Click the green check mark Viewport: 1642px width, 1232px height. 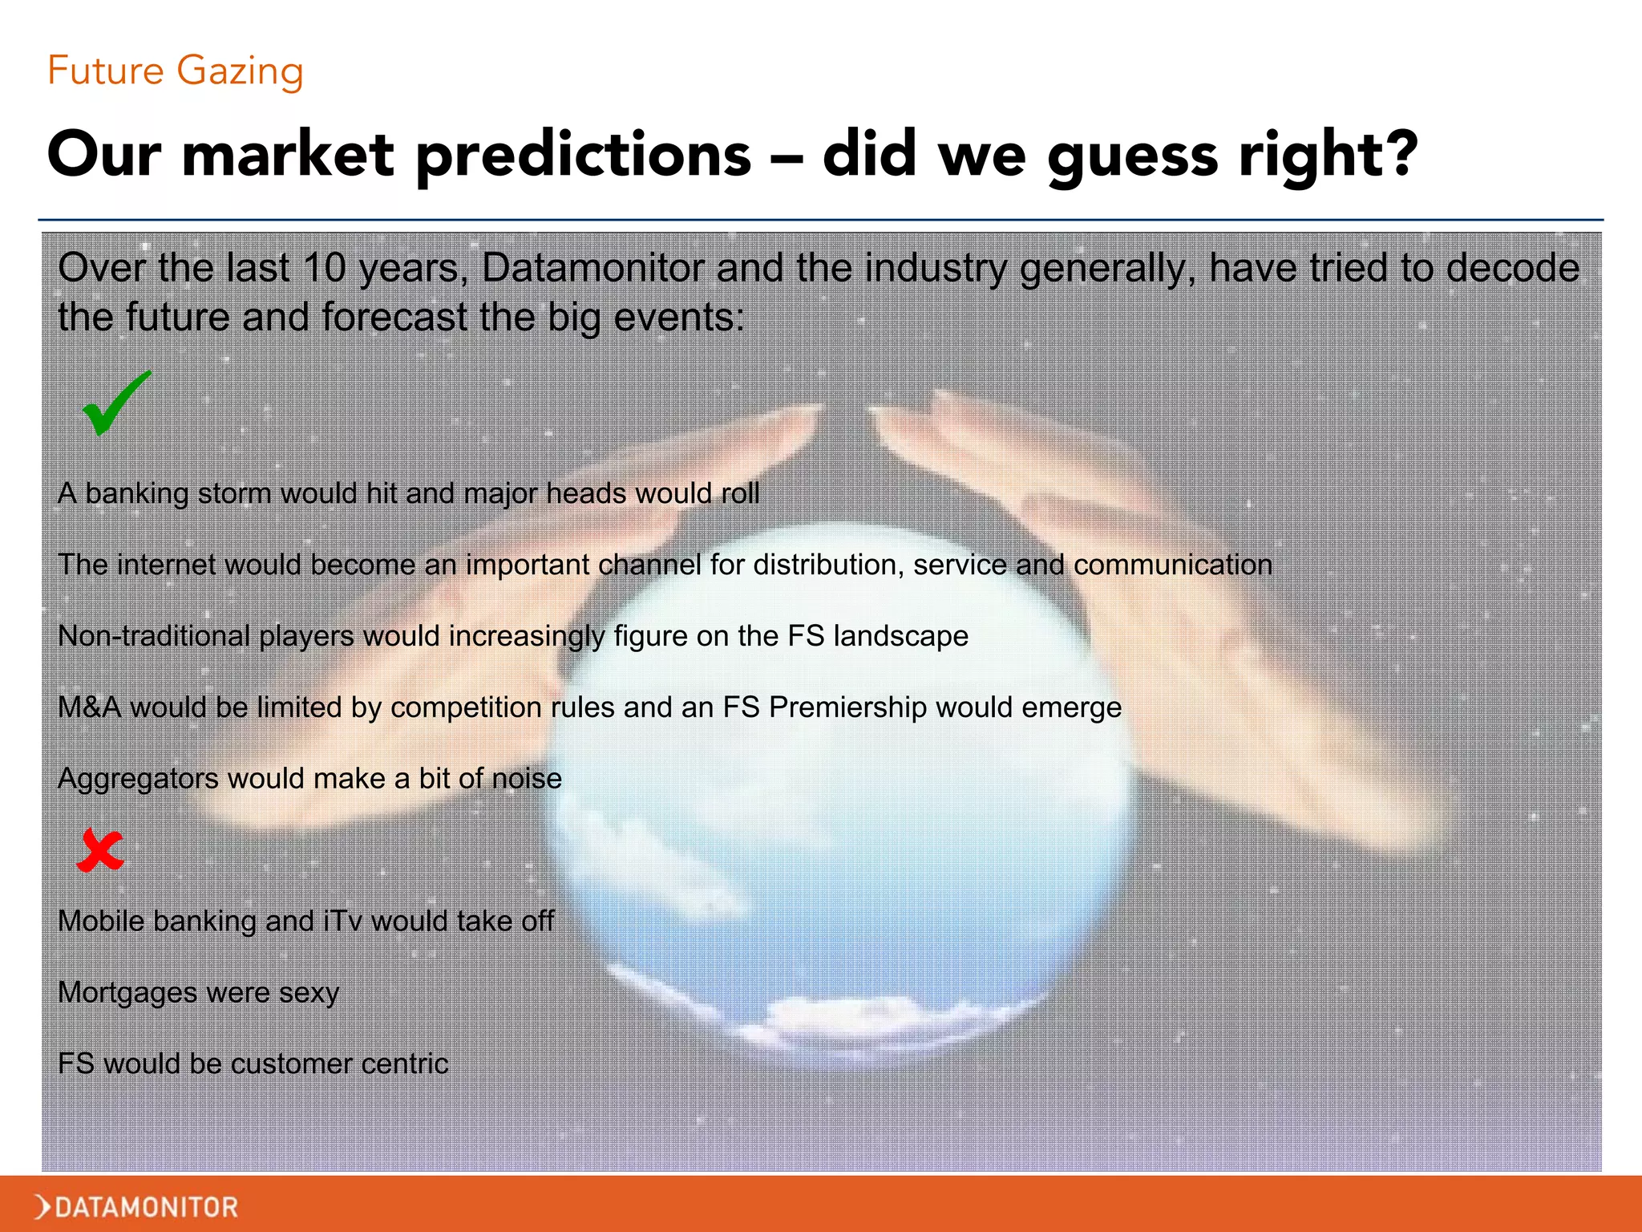[x=115, y=404]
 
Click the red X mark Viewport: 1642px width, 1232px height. [x=100, y=850]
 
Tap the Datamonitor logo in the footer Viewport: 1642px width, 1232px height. [x=137, y=1206]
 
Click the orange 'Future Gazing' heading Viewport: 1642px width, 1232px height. [x=175, y=71]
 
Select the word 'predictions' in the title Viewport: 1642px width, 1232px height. [x=584, y=155]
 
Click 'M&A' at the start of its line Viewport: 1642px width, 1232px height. [x=89, y=707]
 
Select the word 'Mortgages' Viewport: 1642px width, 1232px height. [x=127, y=993]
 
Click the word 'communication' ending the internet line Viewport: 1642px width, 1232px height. [x=1172, y=565]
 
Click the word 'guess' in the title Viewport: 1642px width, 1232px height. [x=1132, y=155]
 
